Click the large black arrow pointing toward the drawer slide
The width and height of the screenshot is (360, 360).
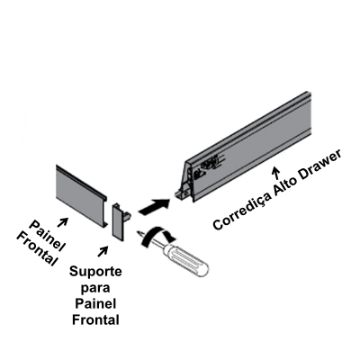[x=154, y=207]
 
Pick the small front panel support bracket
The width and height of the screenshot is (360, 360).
[x=120, y=220]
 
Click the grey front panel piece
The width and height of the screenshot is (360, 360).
[x=81, y=195]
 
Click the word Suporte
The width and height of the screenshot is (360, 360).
[x=95, y=272]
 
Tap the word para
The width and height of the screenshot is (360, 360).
[x=95, y=288]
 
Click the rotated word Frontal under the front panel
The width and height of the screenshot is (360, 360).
[x=37, y=249]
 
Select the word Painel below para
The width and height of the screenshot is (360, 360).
[x=95, y=303]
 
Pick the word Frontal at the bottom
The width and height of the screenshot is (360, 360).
[x=95, y=319]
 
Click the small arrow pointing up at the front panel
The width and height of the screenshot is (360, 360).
[x=62, y=222]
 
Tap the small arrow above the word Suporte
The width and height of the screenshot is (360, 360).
[x=103, y=252]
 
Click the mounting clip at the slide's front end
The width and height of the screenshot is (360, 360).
[x=182, y=194]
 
